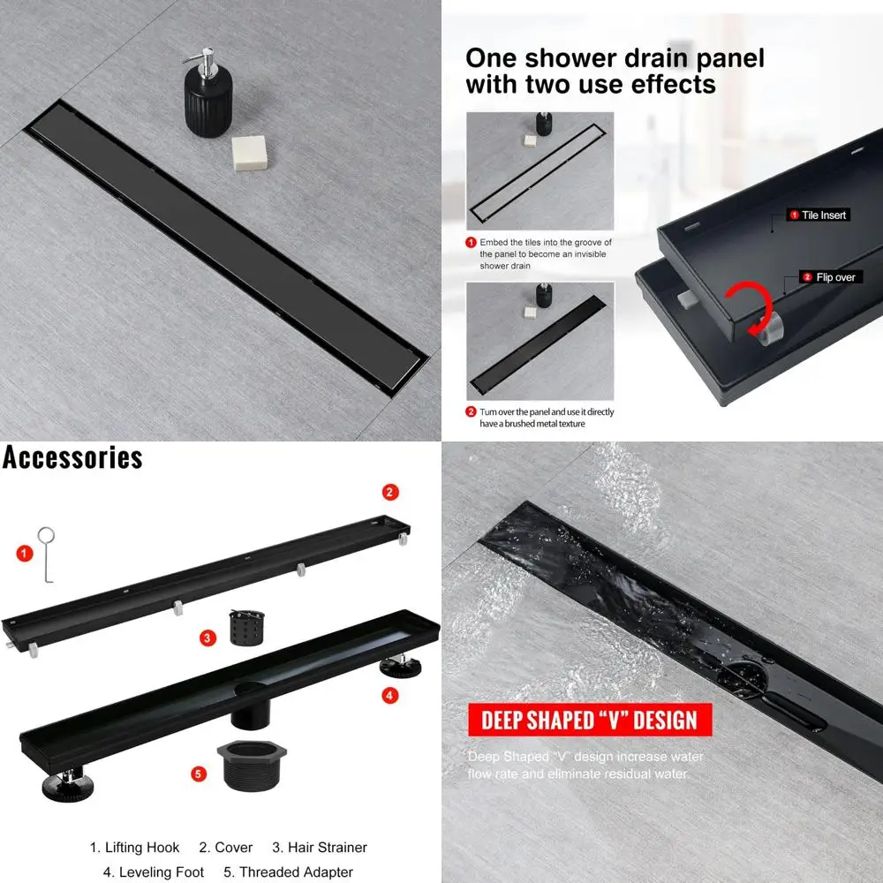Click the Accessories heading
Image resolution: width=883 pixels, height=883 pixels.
tap(72, 457)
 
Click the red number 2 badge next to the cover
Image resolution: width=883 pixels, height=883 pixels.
tap(390, 493)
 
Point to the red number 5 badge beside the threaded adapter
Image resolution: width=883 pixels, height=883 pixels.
tap(199, 774)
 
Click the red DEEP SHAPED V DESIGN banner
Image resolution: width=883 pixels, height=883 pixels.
tap(589, 720)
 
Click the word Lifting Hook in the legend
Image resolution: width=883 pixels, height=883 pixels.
tap(141, 848)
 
